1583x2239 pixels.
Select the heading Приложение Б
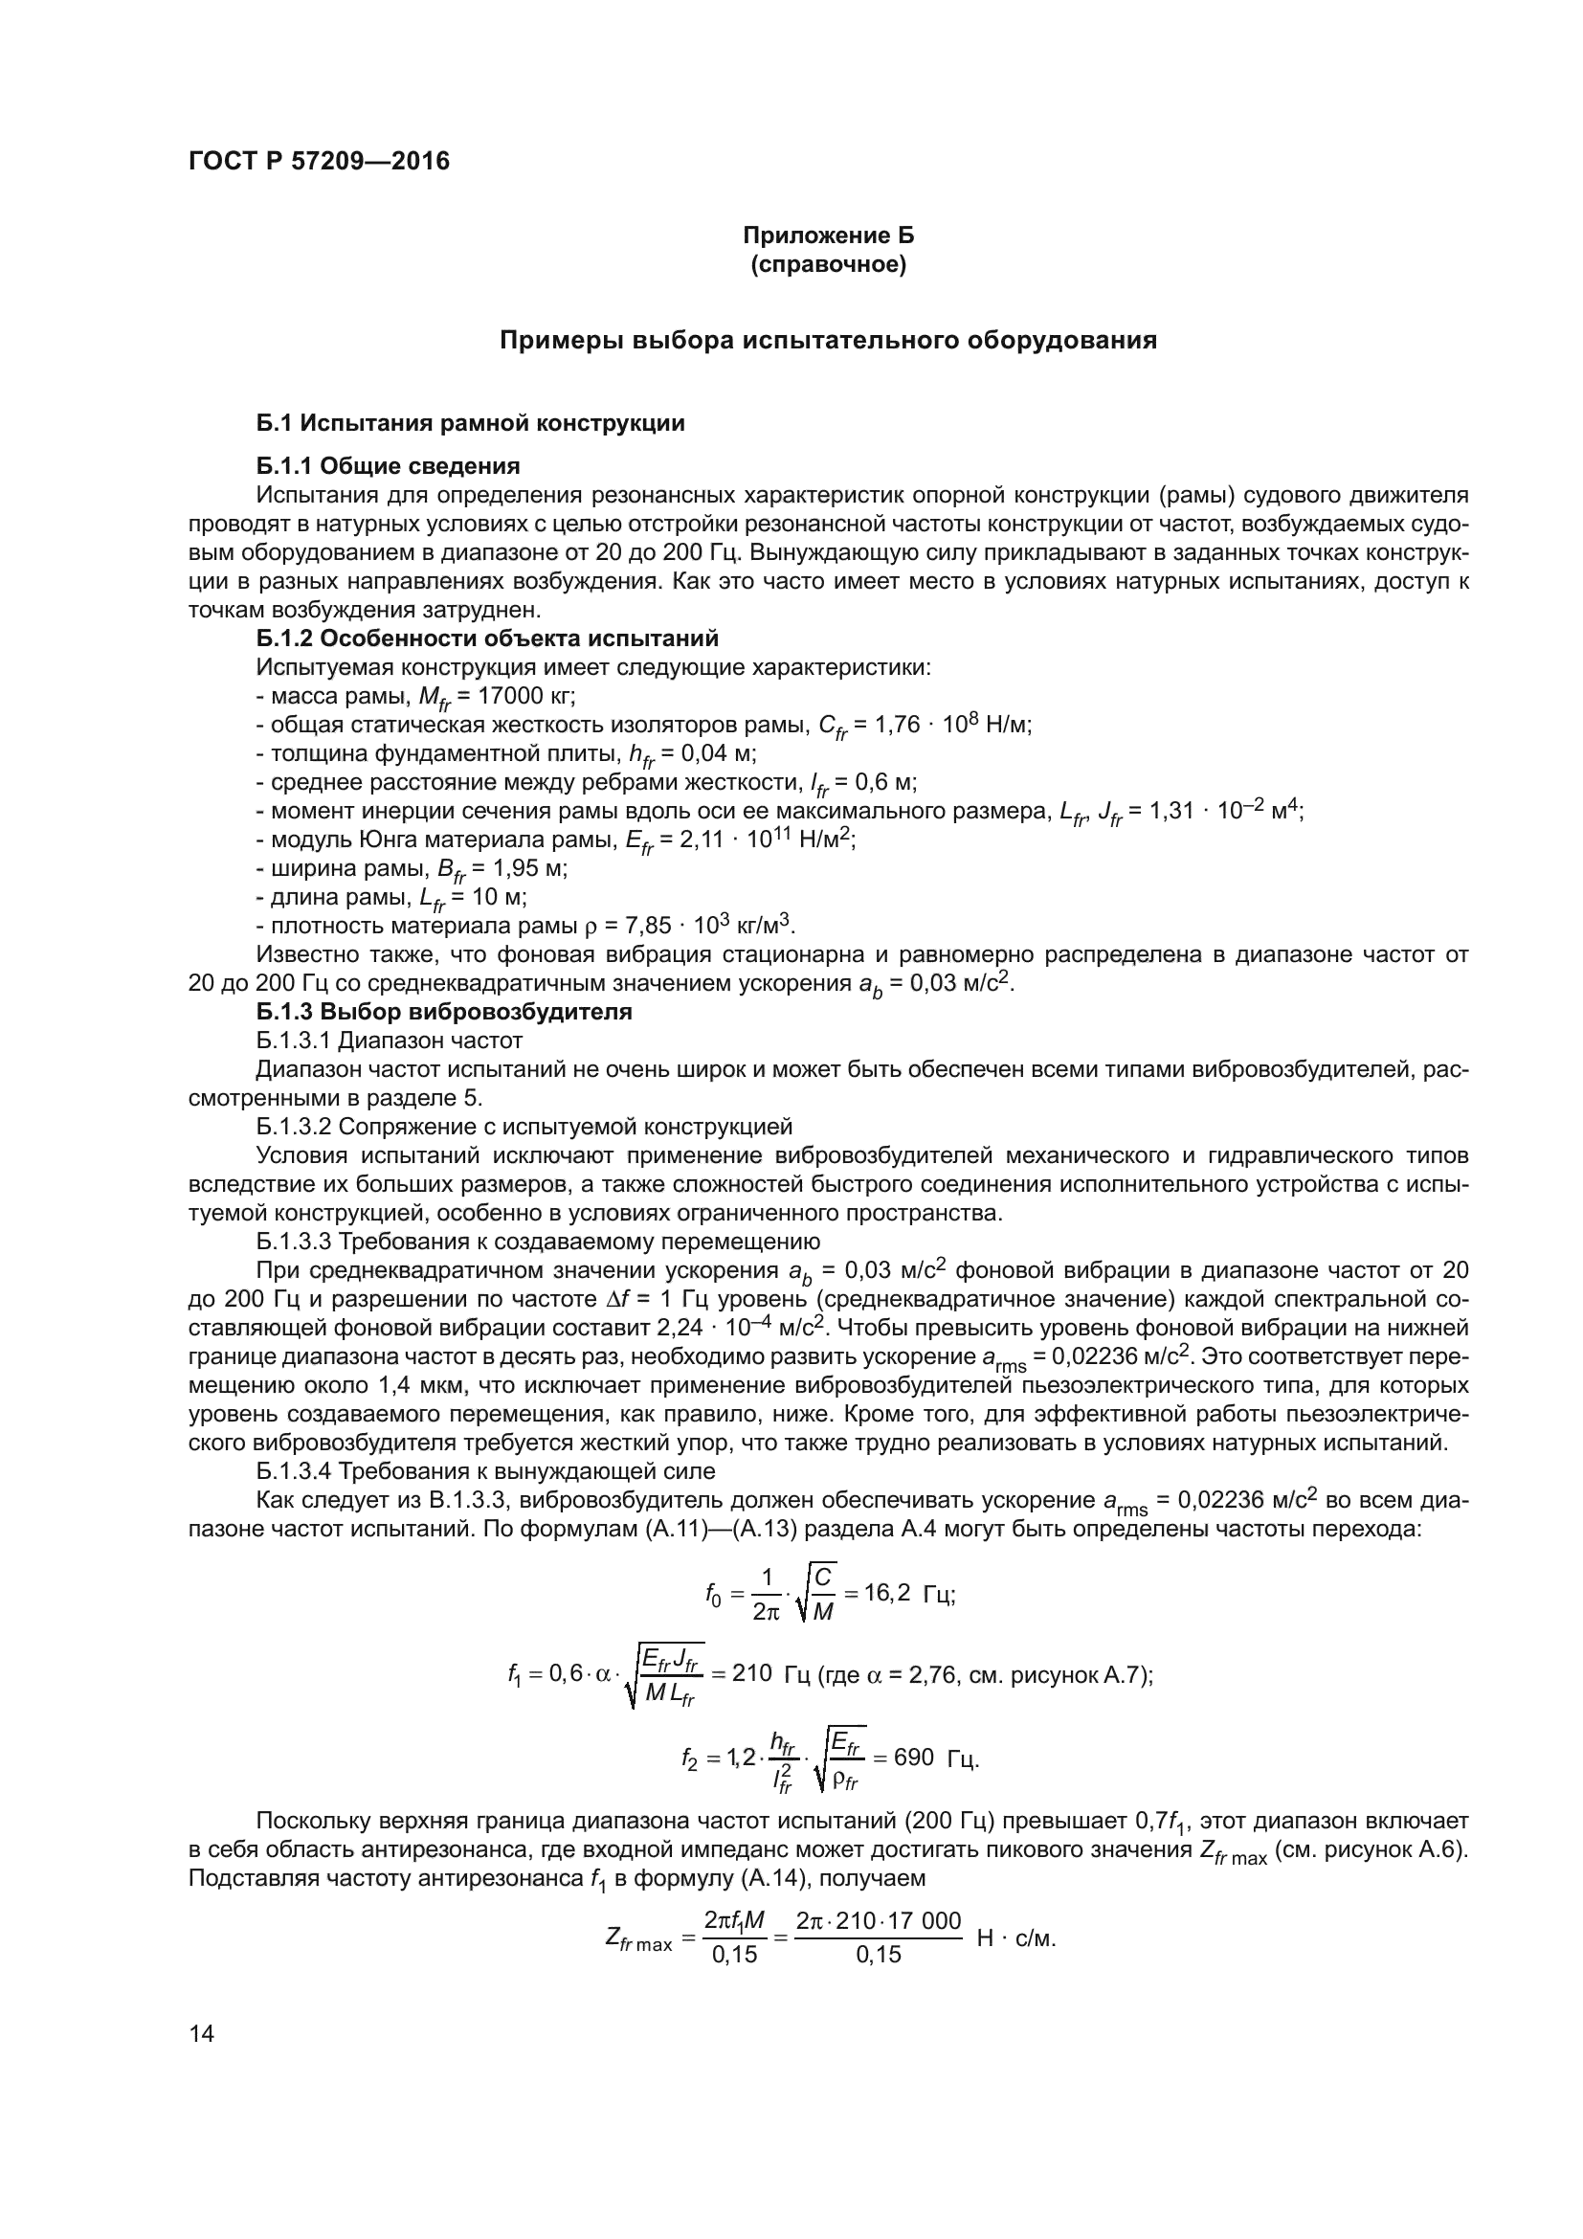pos(828,236)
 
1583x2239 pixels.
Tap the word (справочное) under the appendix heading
pos(828,265)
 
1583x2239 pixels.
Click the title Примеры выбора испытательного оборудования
pos(828,342)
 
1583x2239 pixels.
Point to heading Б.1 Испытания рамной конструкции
pos(470,423)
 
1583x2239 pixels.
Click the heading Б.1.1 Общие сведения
pos(388,466)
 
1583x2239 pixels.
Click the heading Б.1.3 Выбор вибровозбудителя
pos(443,1012)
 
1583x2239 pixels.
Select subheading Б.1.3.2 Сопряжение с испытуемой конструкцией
pos(524,1128)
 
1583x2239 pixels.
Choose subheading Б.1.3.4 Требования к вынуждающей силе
pos(485,1471)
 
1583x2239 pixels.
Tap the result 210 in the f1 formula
pos(751,1674)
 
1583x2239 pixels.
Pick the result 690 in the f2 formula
pos(913,1758)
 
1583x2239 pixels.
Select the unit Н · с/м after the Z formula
pos(1015,1937)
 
